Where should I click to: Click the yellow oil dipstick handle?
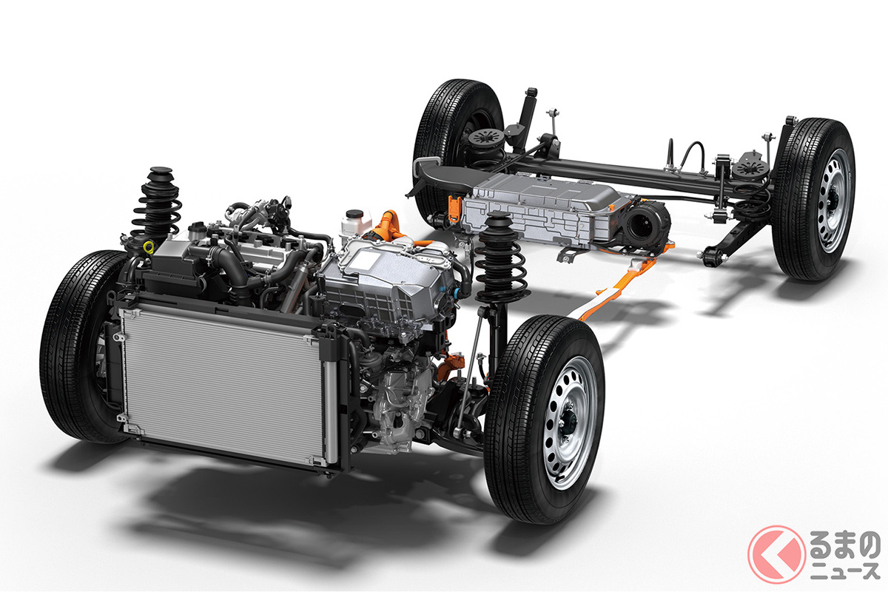[149, 247]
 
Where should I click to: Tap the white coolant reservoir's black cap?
[354, 214]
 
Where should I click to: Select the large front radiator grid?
[223, 386]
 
